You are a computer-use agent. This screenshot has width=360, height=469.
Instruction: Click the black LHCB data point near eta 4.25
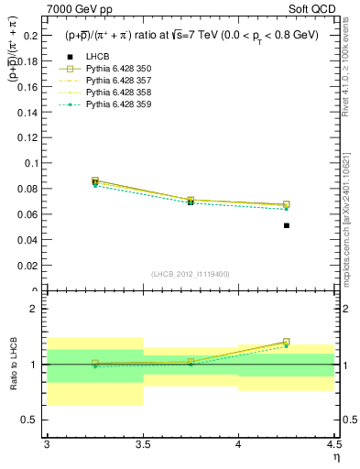[287, 225]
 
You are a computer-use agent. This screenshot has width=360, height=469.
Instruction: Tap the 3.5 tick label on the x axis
[142, 444]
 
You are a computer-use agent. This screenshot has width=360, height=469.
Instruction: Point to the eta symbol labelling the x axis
[336, 457]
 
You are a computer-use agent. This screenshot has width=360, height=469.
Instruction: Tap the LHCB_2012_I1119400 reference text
[191, 274]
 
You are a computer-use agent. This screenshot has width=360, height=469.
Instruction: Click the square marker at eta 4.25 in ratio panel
[287, 342]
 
